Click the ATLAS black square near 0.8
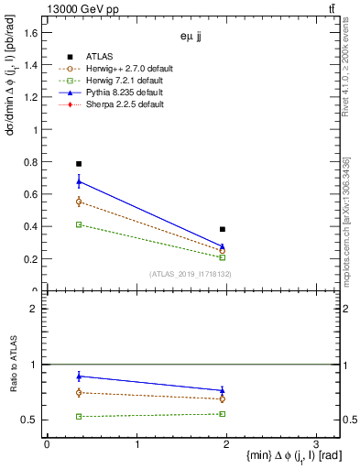79,164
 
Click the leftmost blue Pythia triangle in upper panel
79,181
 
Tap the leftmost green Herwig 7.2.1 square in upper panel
79,224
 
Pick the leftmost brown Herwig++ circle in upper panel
79,202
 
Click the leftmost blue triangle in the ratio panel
79,376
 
